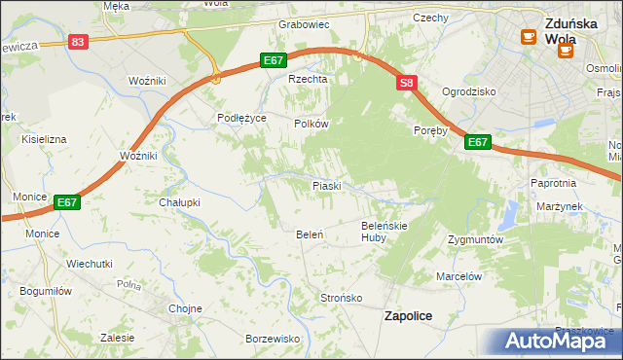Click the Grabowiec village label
point(305,24)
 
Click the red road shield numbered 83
point(79,42)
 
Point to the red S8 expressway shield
point(407,85)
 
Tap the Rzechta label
point(305,80)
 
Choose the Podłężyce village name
point(241,118)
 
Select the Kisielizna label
point(41,139)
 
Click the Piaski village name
point(325,185)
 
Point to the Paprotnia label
point(554,183)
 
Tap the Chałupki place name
point(179,202)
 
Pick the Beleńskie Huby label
point(384,232)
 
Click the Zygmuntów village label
point(475,238)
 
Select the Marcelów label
point(459,276)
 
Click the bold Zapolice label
point(409,316)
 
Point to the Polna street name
point(128,285)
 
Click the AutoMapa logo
point(559,341)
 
